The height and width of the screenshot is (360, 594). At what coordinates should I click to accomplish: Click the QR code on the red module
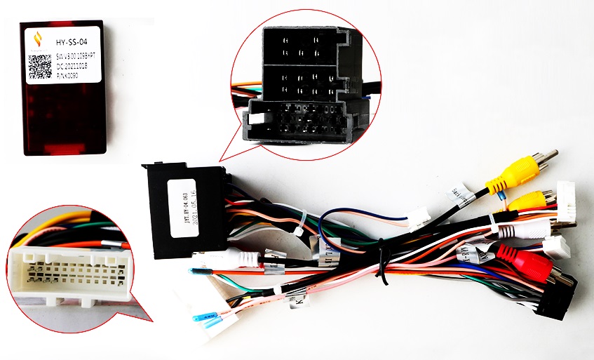point(40,67)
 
